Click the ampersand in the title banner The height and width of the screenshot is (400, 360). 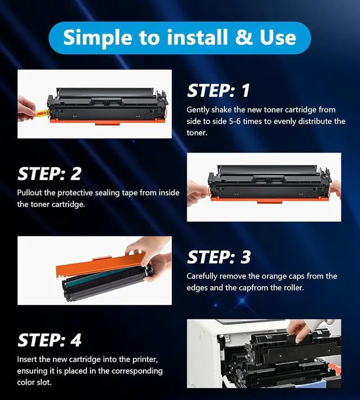click(x=244, y=37)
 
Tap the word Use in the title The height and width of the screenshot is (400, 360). click(x=277, y=37)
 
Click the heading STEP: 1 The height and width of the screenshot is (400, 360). click(x=218, y=91)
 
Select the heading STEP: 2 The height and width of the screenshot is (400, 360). click(x=49, y=174)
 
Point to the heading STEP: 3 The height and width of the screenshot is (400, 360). click(x=219, y=257)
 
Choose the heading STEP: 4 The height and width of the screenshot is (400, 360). click(x=49, y=340)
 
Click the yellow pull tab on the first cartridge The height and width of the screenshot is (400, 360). click(x=42, y=113)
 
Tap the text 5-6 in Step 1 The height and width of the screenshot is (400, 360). click(x=235, y=121)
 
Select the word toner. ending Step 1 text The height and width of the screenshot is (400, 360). click(x=197, y=133)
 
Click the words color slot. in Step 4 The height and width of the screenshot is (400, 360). click(x=34, y=382)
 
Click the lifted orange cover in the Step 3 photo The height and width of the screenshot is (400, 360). click(x=101, y=264)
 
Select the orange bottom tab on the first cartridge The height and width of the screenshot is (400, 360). click(x=107, y=123)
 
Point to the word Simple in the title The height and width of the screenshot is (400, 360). click(x=98, y=38)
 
